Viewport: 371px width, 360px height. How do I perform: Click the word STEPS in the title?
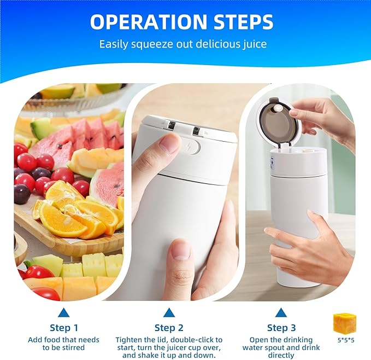242,22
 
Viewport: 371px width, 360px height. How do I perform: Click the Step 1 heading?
64,328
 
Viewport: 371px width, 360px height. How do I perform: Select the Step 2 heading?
169,328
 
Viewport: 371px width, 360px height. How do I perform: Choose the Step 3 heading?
281,328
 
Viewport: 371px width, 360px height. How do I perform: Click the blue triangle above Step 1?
64,313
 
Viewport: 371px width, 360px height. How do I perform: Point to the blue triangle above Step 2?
169,313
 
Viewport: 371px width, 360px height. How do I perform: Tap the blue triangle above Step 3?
281,313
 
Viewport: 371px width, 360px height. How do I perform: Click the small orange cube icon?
345,322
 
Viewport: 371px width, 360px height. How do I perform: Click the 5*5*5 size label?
345,340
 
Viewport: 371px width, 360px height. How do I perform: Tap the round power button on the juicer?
194,147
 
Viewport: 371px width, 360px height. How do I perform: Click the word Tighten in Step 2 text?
129,340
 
